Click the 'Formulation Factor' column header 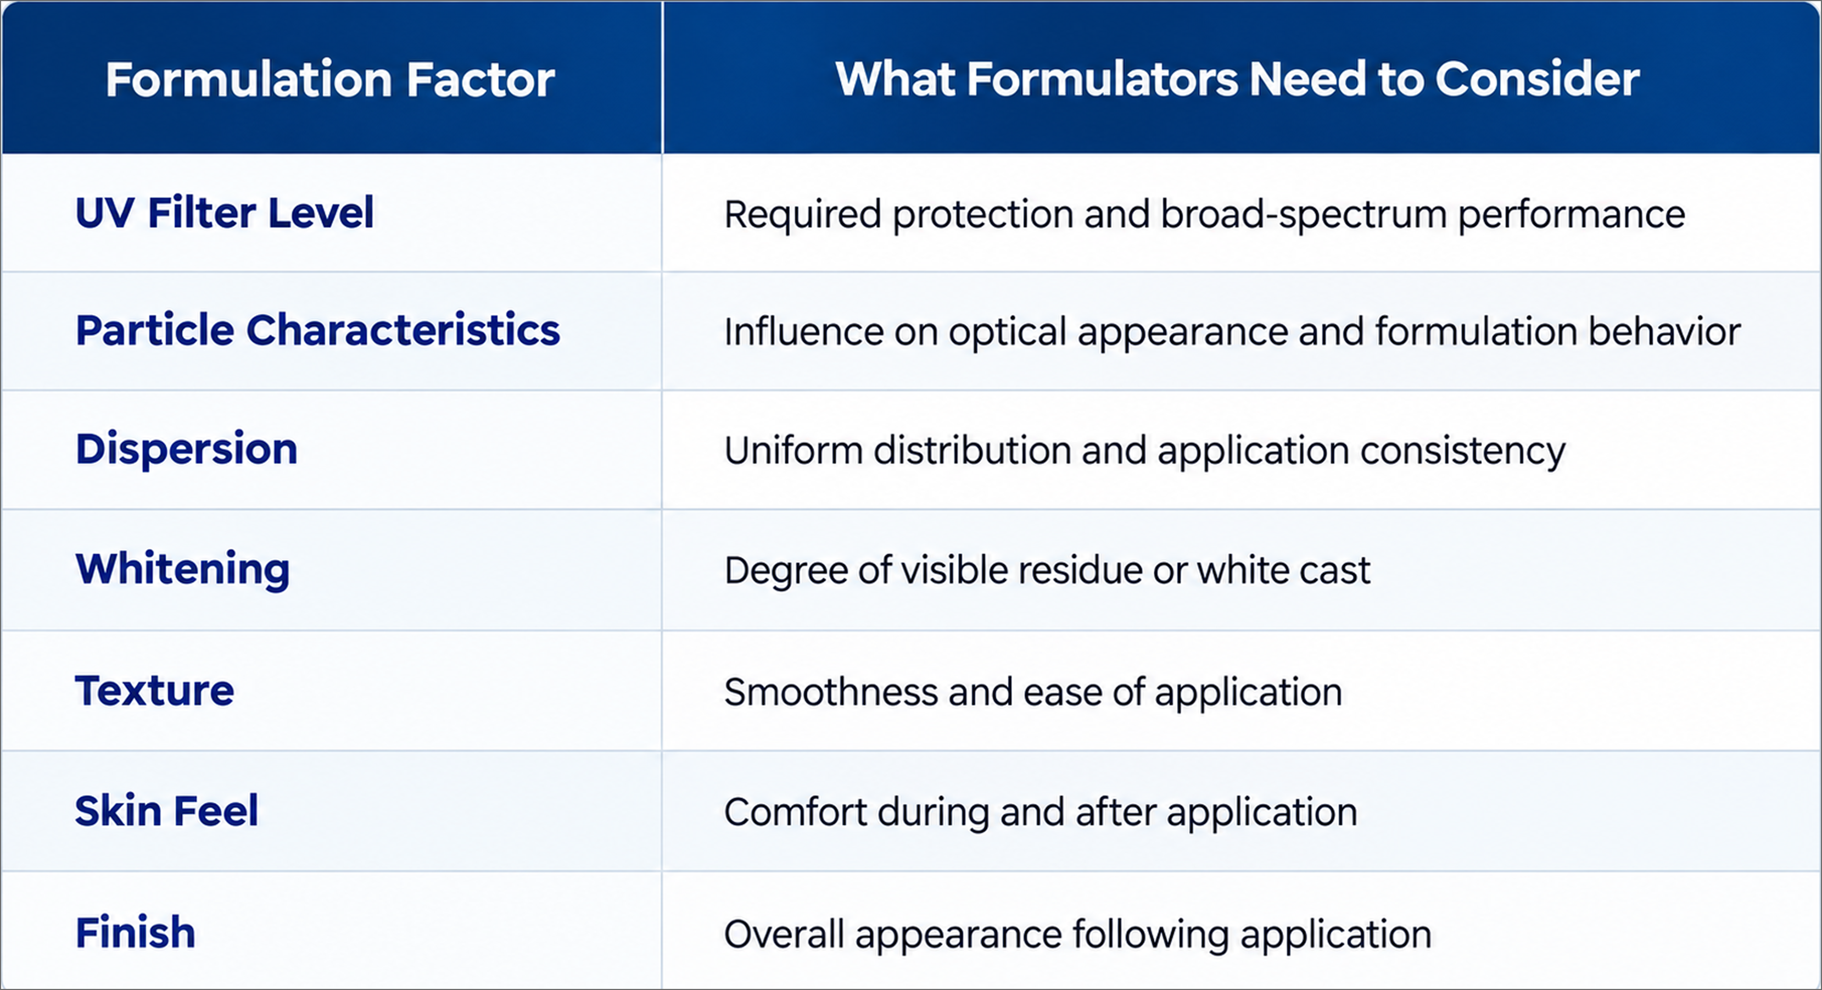click(329, 79)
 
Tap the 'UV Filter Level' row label click(224, 212)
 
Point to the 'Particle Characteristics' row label click(317, 331)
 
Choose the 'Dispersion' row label click(187, 449)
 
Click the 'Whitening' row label click(182, 569)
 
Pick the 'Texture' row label click(154, 691)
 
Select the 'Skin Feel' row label click(167, 810)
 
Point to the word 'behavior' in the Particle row click(1664, 331)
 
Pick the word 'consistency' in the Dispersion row click(1463, 452)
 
